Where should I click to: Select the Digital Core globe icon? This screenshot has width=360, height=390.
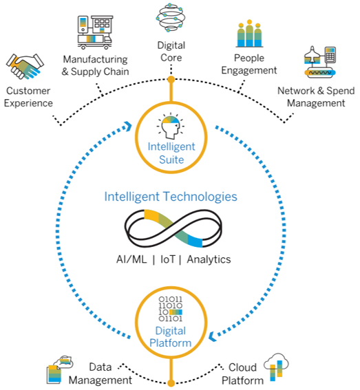click(171, 19)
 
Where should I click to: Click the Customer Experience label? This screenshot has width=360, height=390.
click(30, 97)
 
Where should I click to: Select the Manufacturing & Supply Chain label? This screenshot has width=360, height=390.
click(96, 66)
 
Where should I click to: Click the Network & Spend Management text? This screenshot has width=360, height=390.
click(311, 97)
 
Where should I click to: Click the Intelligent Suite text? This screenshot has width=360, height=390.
click(171, 153)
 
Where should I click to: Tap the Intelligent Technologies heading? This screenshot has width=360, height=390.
click(171, 197)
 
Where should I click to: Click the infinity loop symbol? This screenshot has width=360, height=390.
click(171, 230)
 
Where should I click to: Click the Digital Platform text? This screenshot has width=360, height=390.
click(171, 337)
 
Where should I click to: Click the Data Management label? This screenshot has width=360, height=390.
click(100, 373)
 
